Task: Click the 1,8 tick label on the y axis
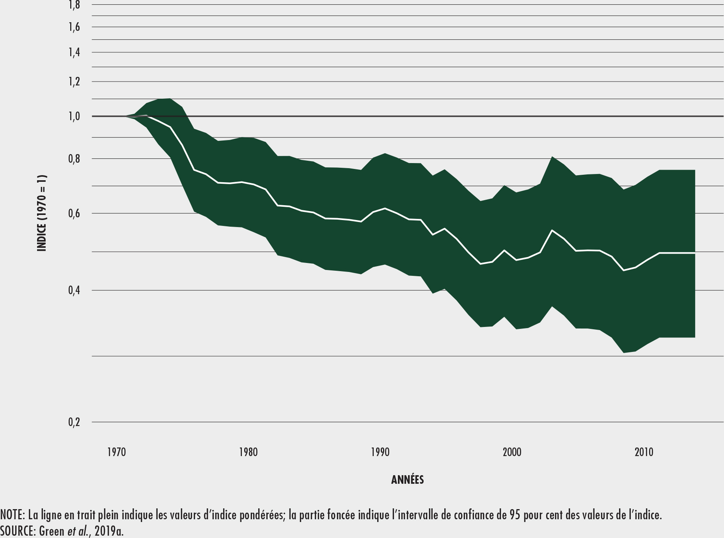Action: [75, 5]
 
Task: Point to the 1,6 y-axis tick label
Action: [75, 27]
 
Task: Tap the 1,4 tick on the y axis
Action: [75, 52]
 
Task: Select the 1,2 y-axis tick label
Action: [75, 82]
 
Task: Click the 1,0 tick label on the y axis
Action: [75, 116]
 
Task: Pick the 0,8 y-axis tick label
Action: [75, 159]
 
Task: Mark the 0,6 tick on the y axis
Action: [75, 213]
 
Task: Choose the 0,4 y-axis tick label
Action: [75, 290]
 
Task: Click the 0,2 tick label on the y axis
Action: [75, 422]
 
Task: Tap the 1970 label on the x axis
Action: [116, 452]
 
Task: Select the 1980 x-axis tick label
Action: [248, 452]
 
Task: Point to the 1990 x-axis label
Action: [380, 452]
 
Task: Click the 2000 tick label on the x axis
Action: [512, 452]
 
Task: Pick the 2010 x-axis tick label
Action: [644, 452]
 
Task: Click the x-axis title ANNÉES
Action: [407, 480]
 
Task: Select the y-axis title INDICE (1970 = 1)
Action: [42, 213]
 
